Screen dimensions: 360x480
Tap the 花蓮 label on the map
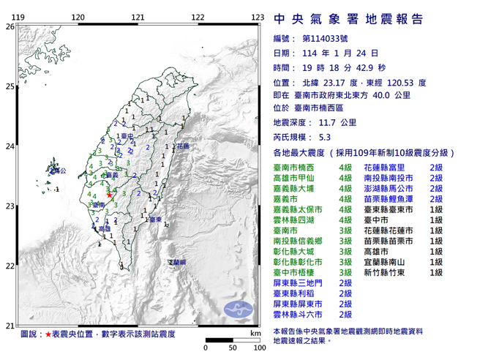[182, 146]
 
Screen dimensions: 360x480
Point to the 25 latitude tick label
[10, 86]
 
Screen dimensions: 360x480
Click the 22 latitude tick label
[10, 266]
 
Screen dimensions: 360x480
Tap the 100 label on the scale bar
[258, 348]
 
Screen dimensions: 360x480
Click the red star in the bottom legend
[48, 333]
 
